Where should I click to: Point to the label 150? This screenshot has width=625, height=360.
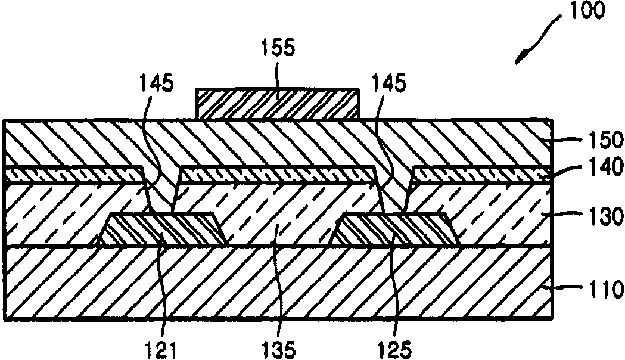click(x=602, y=141)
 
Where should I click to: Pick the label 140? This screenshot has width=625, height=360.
click(x=602, y=173)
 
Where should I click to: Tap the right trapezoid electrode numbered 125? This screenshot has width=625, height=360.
click(x=393, y=229)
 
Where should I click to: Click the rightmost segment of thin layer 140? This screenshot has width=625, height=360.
click(x=483, y=173)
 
